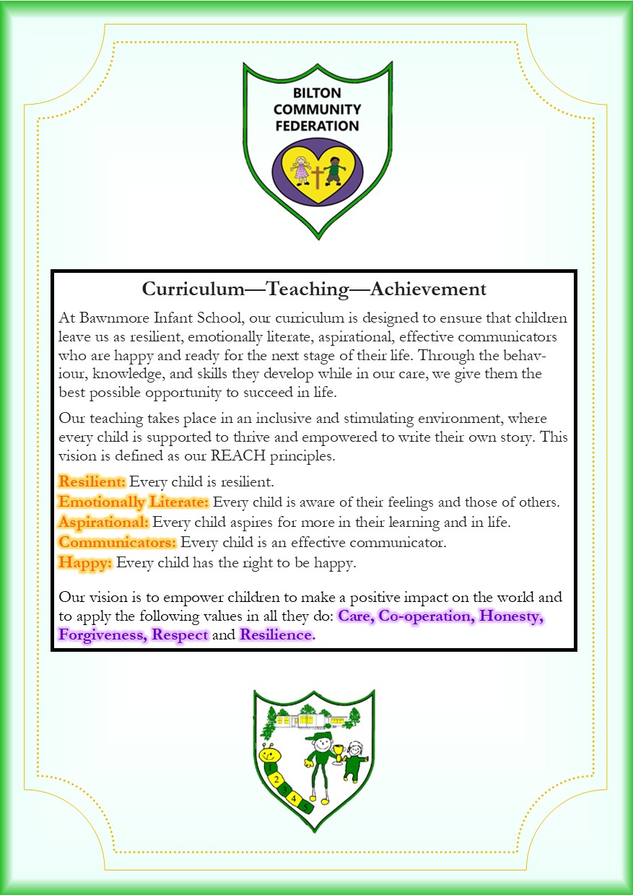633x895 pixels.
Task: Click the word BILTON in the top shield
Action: [317, 93]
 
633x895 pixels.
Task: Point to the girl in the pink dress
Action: [300, 170]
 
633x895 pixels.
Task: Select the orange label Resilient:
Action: [92, 481]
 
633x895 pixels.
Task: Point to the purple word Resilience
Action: [277, 635]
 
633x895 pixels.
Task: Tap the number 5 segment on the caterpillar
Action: [306, 807]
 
